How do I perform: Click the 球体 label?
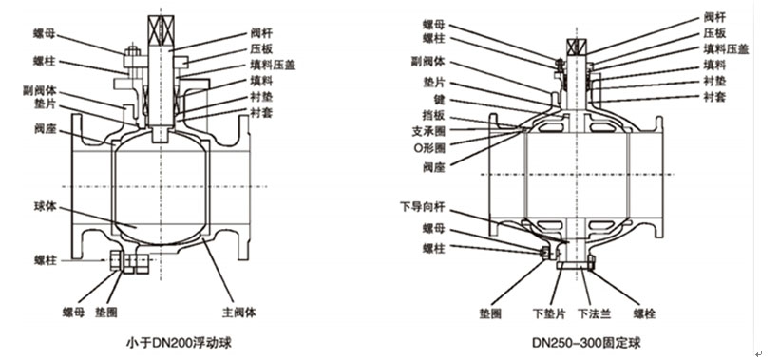coord(46,206)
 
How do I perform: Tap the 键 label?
coord(439,100)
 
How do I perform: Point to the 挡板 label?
coord(434,117)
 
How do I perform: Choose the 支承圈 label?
coord(428,132)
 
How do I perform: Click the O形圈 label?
coord(428,148)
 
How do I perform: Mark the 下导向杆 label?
coord(423,205)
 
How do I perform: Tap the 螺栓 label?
coord(644,313)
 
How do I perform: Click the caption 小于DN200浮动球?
coord(179,343)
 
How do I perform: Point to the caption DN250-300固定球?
coord(586,343)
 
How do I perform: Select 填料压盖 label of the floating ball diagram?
coord(273,65)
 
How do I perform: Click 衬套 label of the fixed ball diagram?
coord(714,97)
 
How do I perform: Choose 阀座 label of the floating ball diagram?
coord(46,130)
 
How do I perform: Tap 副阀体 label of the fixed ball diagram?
coord(428,62)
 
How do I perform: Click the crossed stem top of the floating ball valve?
coord(161,28)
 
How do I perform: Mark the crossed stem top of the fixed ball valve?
coord(577,46)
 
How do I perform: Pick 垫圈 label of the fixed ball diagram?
coord(490,313)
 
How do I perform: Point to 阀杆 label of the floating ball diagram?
coord(261,34)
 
